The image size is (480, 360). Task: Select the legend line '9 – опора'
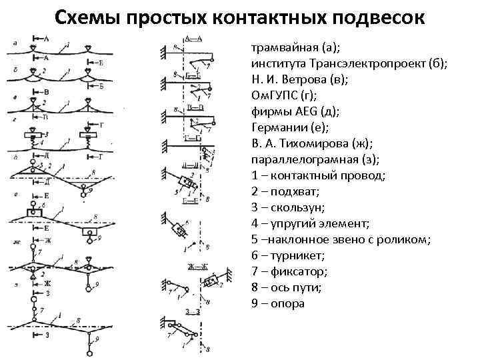point(278,303)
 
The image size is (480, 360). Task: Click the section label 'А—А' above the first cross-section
point(193,38)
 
